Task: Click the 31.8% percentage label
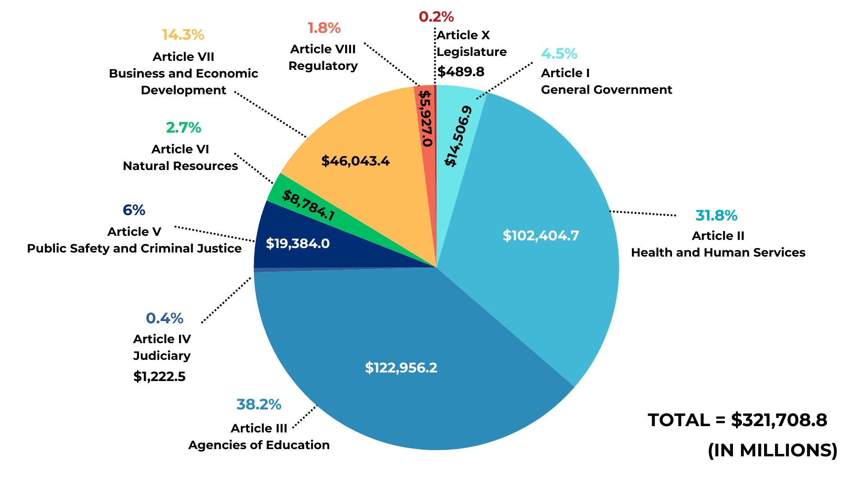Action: [x=716, y=216]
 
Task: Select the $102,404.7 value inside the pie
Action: [x=541, y=235]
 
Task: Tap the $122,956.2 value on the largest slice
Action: [x=401, y=368]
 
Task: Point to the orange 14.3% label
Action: [x=183, y=35]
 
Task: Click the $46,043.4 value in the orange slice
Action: [x=355, y=161]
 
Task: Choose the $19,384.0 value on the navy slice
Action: [x=298, y=243]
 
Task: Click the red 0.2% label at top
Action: [x=436, y=17]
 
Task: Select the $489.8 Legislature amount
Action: [x=461, y=72]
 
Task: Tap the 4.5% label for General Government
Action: [x=559, y=54]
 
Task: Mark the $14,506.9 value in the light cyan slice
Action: [x=459, y=136]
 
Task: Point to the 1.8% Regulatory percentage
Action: [x=324, y=28]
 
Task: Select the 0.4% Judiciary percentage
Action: [x=165, y=318]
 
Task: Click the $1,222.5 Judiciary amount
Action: [x=159, y=377]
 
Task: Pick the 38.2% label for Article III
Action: [x=259, y=404]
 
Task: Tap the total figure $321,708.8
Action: [x=779, y=420]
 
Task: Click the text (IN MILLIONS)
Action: [x=772, y=450]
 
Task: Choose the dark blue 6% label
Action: [x=134, y=210]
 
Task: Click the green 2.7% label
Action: [x=183, y=128]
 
